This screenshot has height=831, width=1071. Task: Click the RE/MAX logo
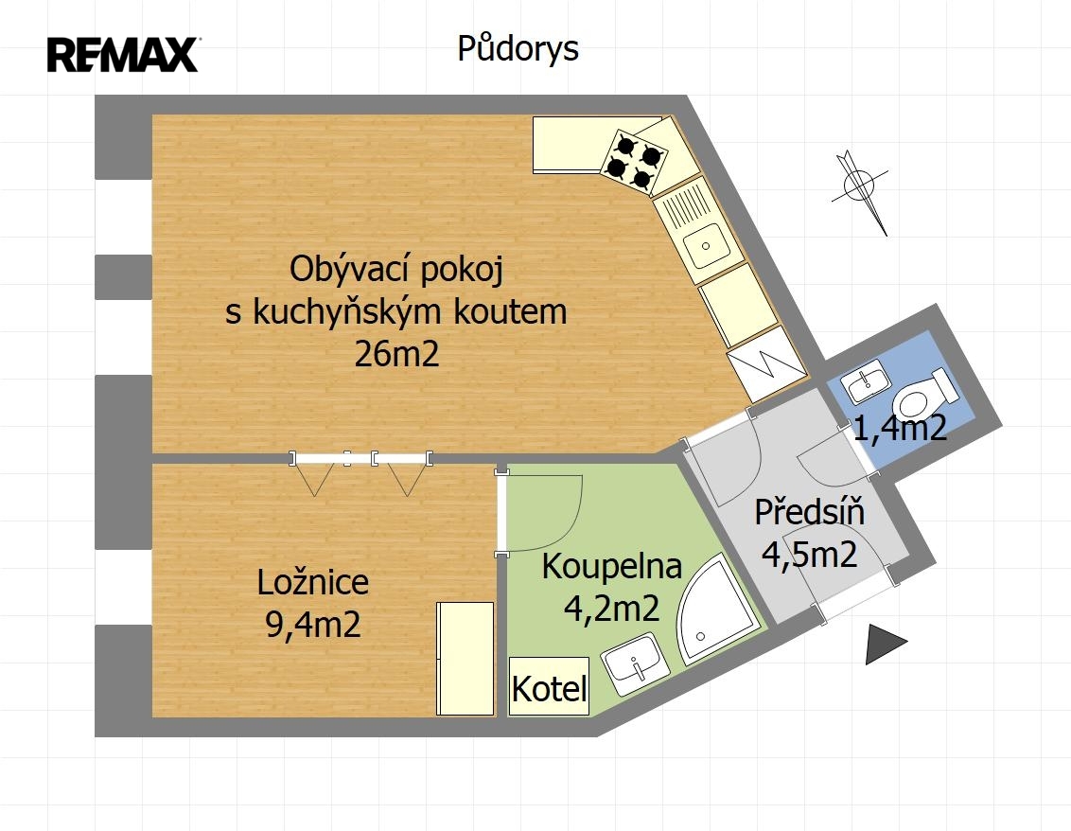(x=123, y=55)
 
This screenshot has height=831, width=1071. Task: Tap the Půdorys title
(x=518, y=48)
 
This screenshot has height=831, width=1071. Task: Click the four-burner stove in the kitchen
(x=634, y=162)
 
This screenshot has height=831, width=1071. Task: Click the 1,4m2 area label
(x=901, y=427)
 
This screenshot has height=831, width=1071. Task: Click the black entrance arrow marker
(x=883, y=644)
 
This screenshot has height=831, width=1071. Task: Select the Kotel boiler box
(x=549, y=686)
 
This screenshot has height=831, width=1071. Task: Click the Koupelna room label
(x=612, y=567)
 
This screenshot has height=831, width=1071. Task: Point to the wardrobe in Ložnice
(x=465, y=659)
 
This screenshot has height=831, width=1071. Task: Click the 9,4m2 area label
(x=313, y=624)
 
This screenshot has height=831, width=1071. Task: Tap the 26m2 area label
(x=396, y=354)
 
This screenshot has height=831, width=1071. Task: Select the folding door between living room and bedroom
(x=360, y=459)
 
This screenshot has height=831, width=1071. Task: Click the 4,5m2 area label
(x=809, y=555)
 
